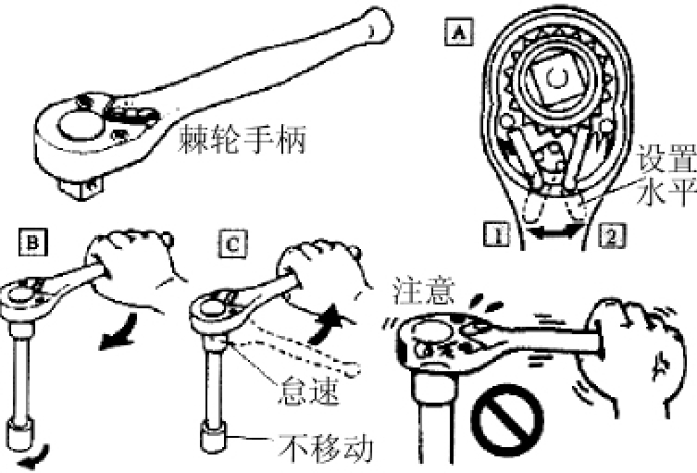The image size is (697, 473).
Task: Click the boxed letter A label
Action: tap(459, 32)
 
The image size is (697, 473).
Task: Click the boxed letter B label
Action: tap(33, 242)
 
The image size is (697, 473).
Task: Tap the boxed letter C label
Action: tap(233, 244)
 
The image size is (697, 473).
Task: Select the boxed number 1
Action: tap(497, 234)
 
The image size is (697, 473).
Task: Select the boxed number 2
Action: tap(612, 235)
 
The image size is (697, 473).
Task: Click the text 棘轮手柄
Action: tap(243, 139)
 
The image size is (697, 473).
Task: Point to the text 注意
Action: tap(424, 291)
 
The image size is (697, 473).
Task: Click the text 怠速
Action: tap(308, 391)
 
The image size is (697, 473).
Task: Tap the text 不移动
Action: tap(326, 447)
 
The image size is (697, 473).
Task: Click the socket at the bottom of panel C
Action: tap(213, 437)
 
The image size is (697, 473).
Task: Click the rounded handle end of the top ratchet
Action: tap(376, 24)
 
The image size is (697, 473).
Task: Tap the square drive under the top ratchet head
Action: tap(81, 189)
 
